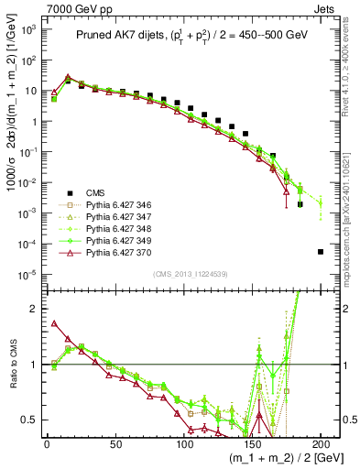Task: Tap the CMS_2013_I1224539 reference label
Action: tap(184, 272)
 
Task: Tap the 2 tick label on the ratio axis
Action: tap(33, 309)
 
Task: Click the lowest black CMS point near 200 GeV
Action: tap(320, 251)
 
